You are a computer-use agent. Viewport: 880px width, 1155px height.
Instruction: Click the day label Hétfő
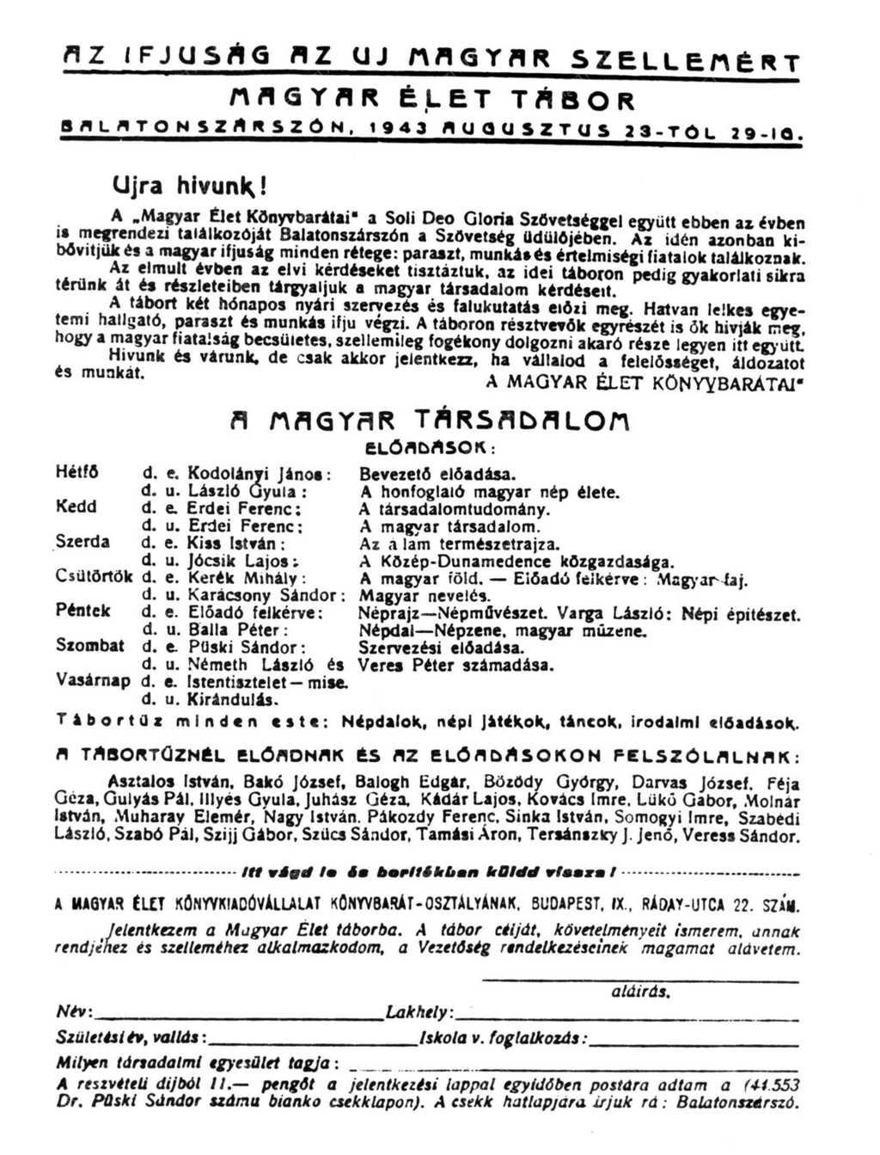point(76,472)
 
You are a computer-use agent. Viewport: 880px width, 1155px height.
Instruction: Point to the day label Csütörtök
point(94,576)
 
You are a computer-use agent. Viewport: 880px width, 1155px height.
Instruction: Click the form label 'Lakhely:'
point(419,1012)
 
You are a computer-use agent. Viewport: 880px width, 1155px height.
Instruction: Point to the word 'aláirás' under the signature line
point(639,991)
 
